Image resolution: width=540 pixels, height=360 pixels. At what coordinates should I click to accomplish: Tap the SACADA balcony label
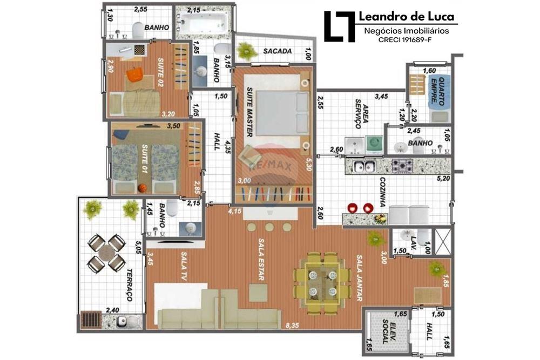278,51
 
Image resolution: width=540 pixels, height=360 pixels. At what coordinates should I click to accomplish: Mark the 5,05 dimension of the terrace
138,247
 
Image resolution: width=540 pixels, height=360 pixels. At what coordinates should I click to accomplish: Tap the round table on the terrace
107,253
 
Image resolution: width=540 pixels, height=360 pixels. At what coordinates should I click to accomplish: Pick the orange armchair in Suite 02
134,74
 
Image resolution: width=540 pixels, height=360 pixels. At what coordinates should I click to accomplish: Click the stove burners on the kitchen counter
403,165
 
